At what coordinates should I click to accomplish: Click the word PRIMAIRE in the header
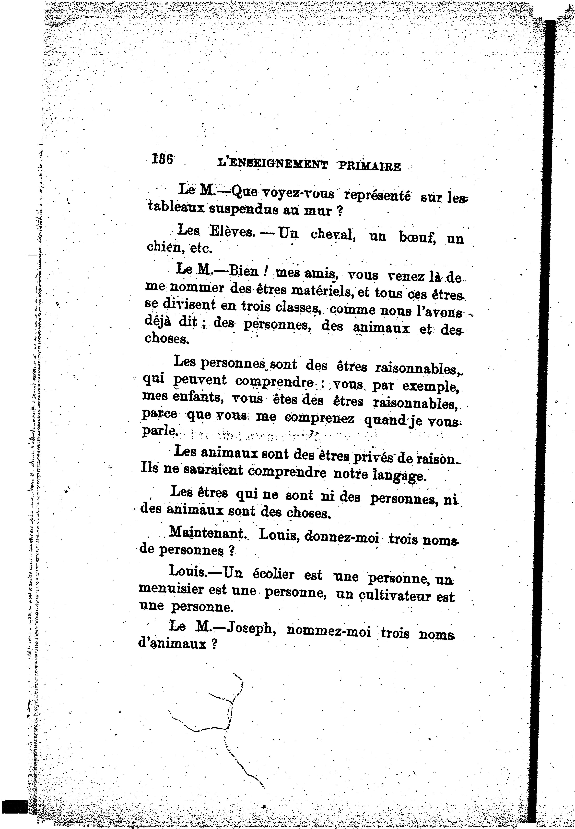pyautogui.click(x=369, y=167)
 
